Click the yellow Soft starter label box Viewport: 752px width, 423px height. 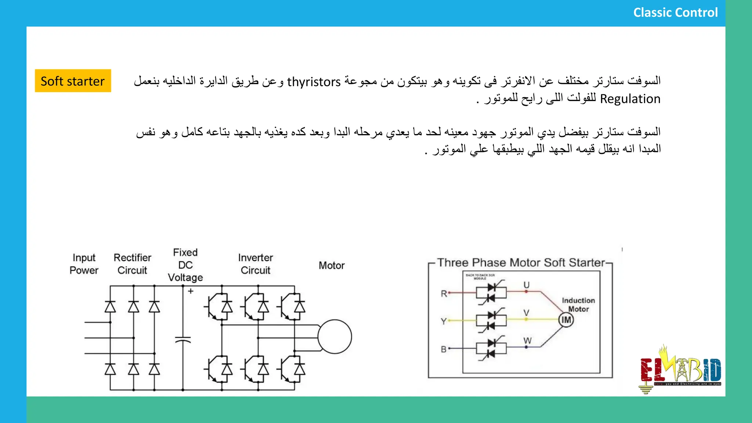(73, 81)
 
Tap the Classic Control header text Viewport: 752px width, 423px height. (675, 12)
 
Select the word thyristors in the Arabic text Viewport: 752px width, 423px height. (314, 82)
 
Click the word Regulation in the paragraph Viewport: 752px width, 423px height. (630, 99)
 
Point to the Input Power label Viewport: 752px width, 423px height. (84, 264)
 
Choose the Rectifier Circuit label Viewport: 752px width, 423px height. (132, 264)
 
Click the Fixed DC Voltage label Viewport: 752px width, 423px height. (185, 265)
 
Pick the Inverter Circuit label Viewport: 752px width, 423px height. (255, 264)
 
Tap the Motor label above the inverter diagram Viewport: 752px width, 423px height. (331, 265)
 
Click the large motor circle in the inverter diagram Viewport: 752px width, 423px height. (335, 337)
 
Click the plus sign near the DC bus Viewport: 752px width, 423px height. (191, 291)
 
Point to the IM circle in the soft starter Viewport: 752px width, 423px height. (566, 320)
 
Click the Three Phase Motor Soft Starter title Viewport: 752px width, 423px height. (521, 263)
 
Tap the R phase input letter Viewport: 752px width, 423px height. (444, 294)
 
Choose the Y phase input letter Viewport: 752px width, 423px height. (444, 322)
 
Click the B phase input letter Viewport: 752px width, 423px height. (444, 349)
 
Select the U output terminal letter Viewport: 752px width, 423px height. (526, 285)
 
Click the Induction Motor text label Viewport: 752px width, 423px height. (578, 305)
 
